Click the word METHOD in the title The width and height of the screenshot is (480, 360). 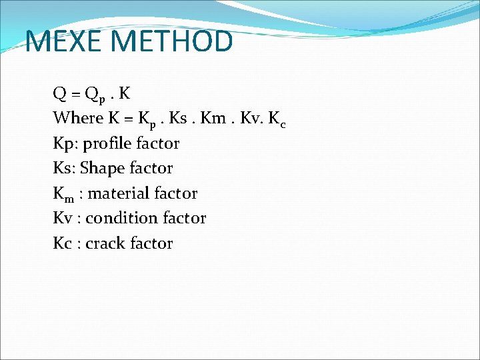click(x=173, y=41)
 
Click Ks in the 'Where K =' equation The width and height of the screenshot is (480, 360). click(x=178, y=118)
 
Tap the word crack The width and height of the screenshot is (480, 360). click(x=105, y=243)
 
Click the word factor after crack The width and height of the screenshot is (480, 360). click(x=151, y=243)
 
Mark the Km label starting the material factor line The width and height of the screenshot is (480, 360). click(x=63, y=194)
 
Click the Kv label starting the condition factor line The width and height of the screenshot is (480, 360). click(x=62, y=218)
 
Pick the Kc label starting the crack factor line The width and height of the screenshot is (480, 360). click(x=61, y=243)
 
